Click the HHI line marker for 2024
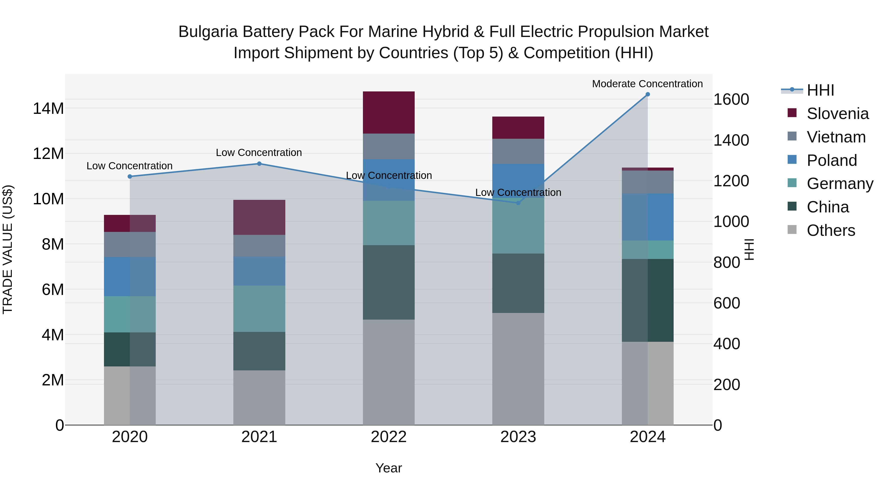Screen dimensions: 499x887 click(x=647, y=94)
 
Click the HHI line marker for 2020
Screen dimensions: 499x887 click(x=130, y=176)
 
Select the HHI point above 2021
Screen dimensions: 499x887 click(x=259, y=164)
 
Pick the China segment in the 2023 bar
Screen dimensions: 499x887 click(x=518, y=283)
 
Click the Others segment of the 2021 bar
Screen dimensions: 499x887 click(x=259, y=397)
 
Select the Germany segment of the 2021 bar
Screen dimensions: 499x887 click(x=259, y=309)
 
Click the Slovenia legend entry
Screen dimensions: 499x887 click(x=837, y=114)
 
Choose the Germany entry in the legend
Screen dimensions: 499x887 click(x=839, y=184)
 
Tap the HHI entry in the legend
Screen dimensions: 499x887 click(x=820, y=90)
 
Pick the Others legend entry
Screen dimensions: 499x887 click(x=831, y=230)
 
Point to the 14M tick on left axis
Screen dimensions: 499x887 click(x=48, y=108)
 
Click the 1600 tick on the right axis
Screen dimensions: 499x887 click(x=731, y=100)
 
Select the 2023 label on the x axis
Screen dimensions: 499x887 click(x=518, y=437)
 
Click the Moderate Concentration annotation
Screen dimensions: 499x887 click(x=647, y=84)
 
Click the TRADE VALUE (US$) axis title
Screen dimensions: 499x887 click(x=8, y=249)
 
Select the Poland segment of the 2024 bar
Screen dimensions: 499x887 click(x=647, y=217)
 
